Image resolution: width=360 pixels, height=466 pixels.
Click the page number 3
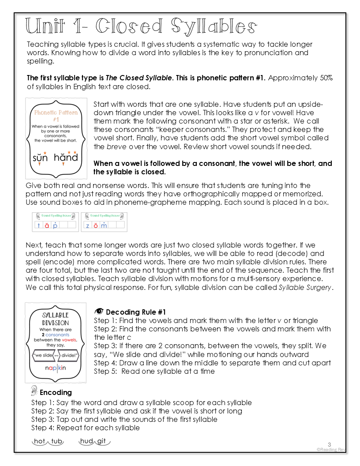pos(329,444)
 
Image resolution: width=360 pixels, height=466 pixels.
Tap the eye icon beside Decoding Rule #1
pos(99,311)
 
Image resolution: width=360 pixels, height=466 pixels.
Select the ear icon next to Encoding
pos(34,391)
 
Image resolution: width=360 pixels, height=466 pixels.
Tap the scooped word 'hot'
pos(40,441)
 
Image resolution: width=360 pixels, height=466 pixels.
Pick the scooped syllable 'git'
pos(101,441)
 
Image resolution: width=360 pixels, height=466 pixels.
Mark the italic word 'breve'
pos(116,147)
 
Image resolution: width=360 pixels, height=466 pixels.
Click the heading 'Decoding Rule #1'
pos(136,312)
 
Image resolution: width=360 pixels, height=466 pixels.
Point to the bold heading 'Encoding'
pos(56,392)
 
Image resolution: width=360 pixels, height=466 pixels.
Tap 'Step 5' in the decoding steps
pos(104,371)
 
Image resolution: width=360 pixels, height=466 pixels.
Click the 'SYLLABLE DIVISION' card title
pos(55,319)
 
